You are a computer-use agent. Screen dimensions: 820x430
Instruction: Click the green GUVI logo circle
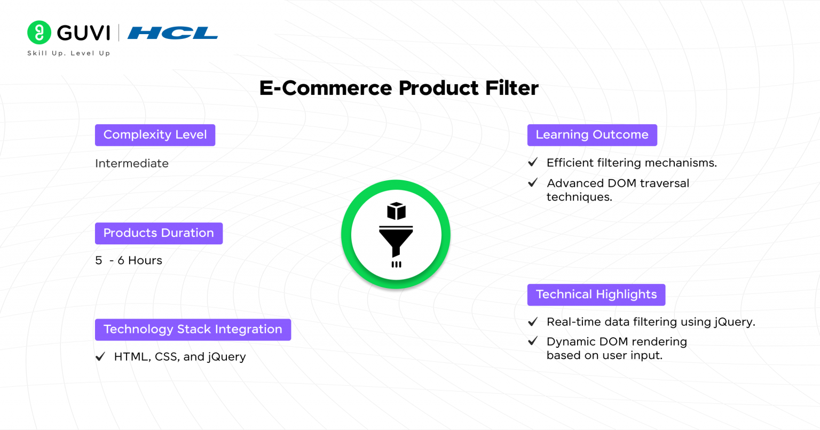39,32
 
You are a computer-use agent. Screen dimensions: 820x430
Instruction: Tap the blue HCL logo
172,33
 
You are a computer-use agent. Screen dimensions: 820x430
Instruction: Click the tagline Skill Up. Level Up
69,53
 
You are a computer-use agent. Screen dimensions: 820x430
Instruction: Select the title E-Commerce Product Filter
399,88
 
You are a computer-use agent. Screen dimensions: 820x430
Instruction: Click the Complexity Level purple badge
155,135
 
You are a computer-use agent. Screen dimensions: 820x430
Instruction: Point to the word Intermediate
132,163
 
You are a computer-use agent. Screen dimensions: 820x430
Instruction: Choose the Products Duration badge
159,233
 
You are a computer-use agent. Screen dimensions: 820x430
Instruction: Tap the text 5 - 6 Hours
129,260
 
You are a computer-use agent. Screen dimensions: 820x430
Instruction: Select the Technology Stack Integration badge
193,330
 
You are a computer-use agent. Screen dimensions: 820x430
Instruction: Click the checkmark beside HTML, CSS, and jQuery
100,356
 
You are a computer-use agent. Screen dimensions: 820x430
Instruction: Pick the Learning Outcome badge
592,135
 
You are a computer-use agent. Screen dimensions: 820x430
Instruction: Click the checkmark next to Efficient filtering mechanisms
533,162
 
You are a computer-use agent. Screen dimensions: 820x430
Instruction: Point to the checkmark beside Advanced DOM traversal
533,182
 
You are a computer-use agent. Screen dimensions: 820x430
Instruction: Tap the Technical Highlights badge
596,294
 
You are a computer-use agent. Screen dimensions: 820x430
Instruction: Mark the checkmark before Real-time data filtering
533,322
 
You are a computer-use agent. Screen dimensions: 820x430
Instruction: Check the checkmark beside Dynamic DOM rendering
533,341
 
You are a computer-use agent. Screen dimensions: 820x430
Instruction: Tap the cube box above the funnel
397,211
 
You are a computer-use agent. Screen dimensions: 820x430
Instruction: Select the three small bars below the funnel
397,264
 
